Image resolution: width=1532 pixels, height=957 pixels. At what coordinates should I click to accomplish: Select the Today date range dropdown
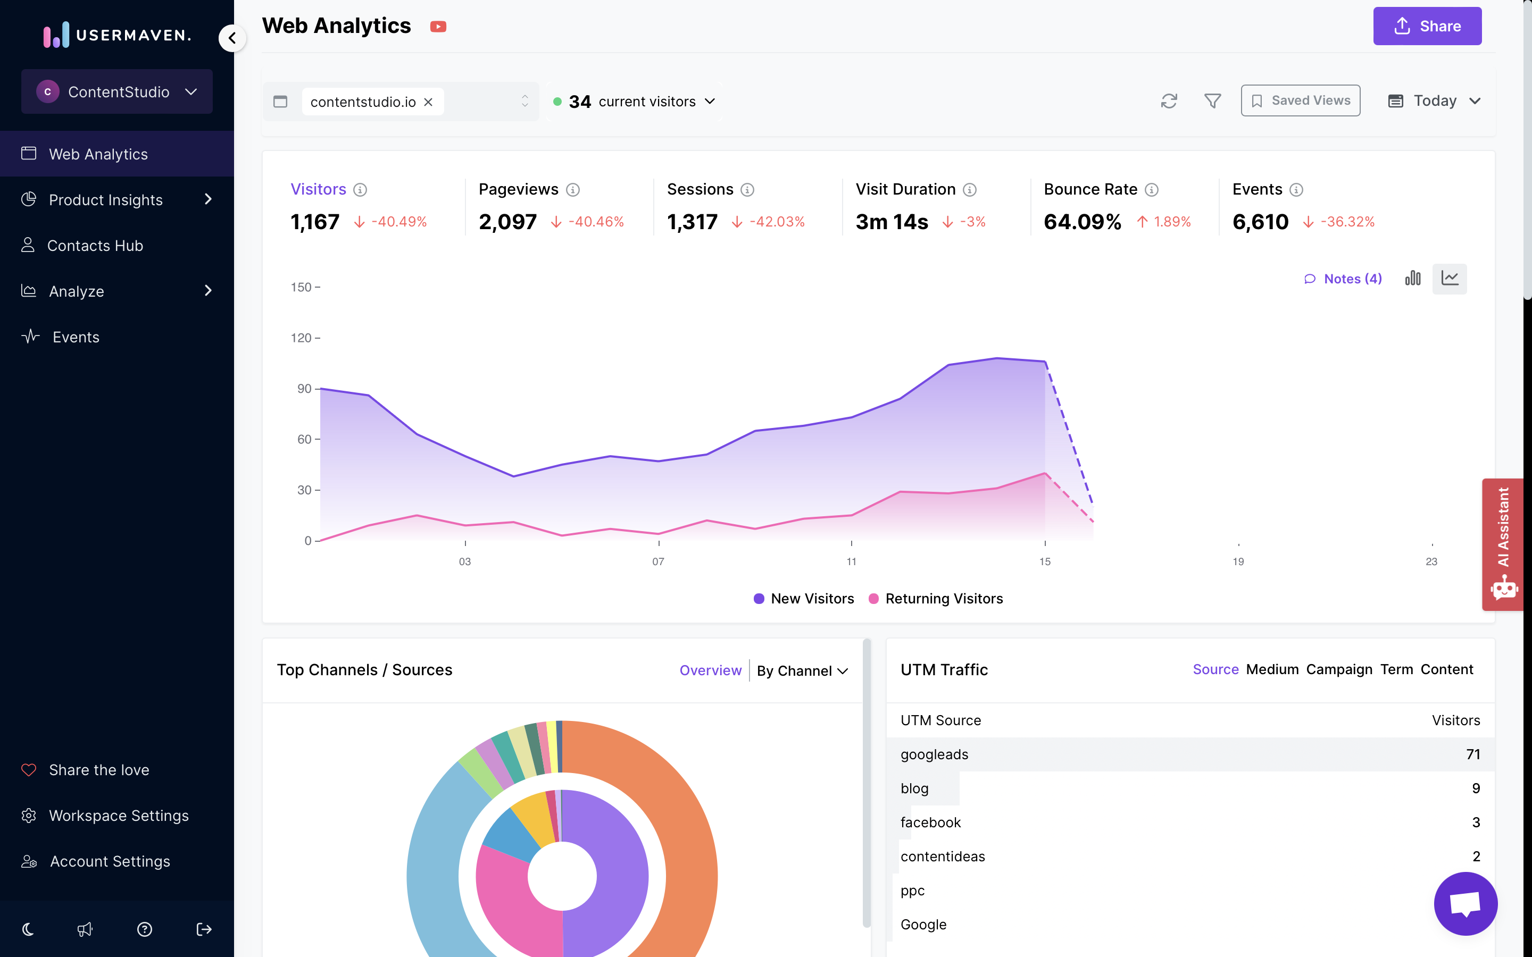coord(1434,100)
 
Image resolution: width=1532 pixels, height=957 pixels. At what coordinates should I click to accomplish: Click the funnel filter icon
coord(1212,100)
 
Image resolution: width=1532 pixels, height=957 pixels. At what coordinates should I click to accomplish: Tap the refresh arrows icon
coord(1169,100)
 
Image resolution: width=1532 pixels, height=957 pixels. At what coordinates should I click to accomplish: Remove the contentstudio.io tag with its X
coord(429,102)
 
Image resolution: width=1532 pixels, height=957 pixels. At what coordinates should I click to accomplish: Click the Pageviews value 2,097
coord(507,222)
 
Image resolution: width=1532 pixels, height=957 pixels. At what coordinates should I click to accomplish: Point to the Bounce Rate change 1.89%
coord(1171,222)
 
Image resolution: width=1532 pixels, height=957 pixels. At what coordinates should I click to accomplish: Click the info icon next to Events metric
coord(1296,190)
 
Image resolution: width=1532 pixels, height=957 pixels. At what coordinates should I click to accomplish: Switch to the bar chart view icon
coord(1412,279)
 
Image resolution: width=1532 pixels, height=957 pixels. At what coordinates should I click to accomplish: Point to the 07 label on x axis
coord(659,561)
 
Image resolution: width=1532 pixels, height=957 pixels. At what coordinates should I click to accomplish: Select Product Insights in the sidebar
coord(106,200)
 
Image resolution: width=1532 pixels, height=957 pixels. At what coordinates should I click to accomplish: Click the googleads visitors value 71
coord(1472,754)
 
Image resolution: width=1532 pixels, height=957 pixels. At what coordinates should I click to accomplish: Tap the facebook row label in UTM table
coord(930,822)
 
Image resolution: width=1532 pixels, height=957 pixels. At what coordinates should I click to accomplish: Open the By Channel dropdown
coord(802,671)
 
